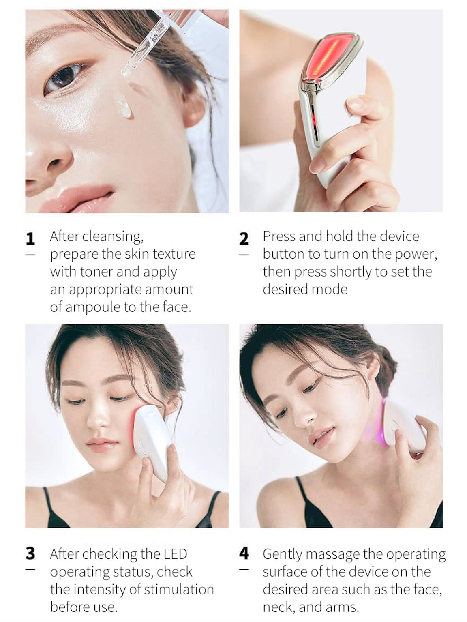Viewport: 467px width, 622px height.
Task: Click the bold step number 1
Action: pos(30,238)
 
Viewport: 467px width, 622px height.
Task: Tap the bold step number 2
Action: pos(244,238)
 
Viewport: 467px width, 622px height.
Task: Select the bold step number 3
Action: pos(30,553)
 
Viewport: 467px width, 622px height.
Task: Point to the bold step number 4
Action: pos(244,553)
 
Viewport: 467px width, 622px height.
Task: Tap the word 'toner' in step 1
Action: pos(96,272)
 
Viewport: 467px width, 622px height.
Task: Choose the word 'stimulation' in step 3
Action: pos(179,589)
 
